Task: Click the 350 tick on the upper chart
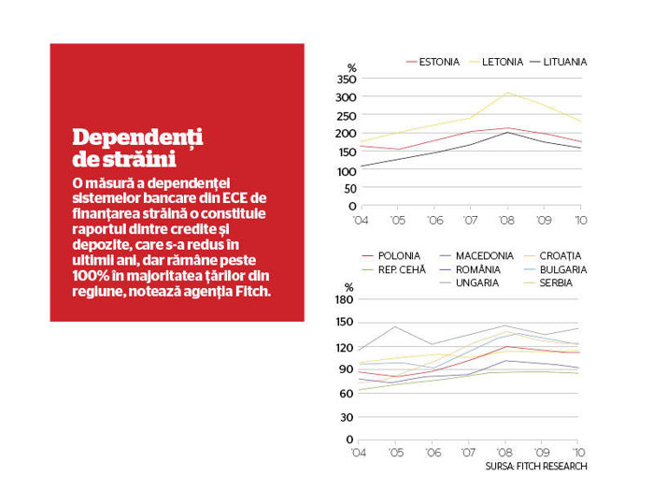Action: pyautogui.click(x=346, y=79)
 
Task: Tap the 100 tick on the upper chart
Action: pyautogui.click(x=347, y=171)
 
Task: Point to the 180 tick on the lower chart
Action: pyautogui.click(x=344, y=299)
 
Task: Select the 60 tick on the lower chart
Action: pyautogui.click(x=346, y=393)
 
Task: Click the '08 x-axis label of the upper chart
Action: pyautogui.click(x=506, y=220)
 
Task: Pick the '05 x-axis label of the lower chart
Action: pyautogui.click(x=396, y=453)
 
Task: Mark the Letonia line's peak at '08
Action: pyautogui.click(x=507, y=93)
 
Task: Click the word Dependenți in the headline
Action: pyautogui.click(x=137, y=138)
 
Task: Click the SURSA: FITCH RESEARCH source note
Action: pyautogui.click(x=536, y=467)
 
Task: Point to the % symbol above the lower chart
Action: pyautogui.click(x=349, y=287)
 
